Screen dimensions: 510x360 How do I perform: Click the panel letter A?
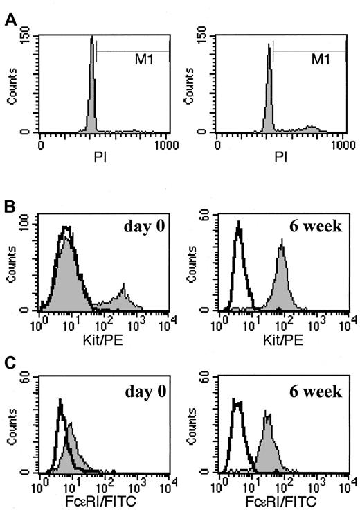8,21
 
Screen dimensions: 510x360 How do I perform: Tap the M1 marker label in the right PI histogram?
319,60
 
